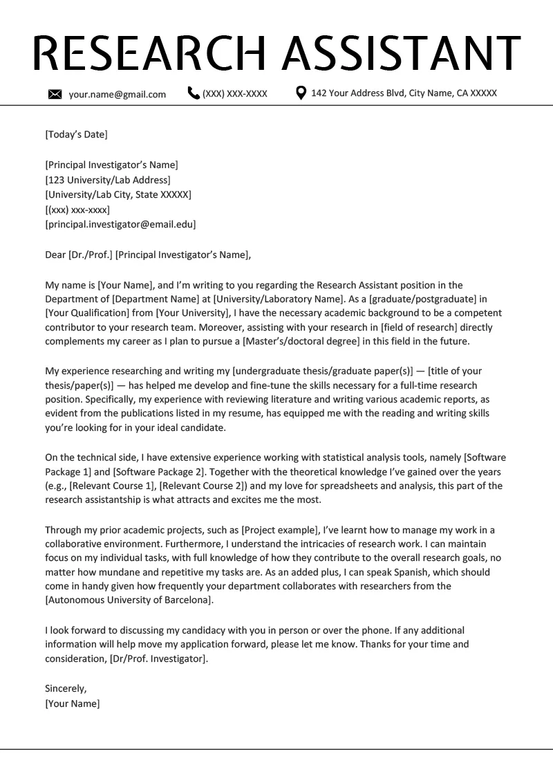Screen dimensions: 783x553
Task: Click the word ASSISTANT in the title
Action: (x=403, y=52)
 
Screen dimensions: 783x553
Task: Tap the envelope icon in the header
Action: (x=55, y=94)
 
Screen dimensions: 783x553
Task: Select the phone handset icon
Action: (x=194, y=93)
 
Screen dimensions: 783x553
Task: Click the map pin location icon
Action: (x=301, y=93)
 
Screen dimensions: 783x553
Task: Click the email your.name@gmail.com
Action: (x=117, y=94)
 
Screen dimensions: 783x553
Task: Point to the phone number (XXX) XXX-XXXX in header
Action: (x=234, y=94)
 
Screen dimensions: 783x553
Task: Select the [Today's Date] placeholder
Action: (x=76, y=134)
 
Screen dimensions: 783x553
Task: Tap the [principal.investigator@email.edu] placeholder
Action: (x=120, y=224)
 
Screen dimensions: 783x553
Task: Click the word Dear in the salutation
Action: (x=55, y=255)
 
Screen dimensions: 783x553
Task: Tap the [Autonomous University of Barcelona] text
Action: (x=129, y=600)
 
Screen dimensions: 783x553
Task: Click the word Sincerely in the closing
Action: (x=66, y=689)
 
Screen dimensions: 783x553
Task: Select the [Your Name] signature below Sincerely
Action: (x=72, y=703)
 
